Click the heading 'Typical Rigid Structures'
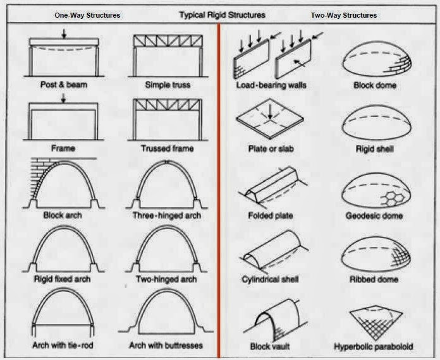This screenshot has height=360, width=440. (222, 15)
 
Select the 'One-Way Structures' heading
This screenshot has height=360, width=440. (87, 15)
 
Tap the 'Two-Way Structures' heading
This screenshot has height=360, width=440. (344, 15)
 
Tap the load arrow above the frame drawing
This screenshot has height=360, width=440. (63, 98)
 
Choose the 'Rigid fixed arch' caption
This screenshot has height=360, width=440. (63, 279)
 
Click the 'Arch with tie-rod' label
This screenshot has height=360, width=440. (63, 345)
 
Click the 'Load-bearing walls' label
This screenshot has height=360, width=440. (271, 85)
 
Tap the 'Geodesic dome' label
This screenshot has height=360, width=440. (374, 216)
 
